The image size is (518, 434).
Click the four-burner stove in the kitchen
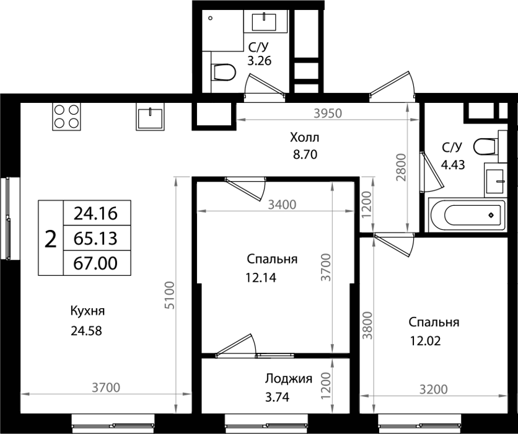(66, 117)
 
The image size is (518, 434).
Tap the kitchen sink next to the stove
(150, 117)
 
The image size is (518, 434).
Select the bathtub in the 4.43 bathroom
(467, 215)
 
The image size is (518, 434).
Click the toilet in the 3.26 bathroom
(223, 72)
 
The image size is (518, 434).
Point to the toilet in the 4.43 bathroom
(486, 146)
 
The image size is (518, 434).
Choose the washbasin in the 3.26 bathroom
(266, 21)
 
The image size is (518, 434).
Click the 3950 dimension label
(328, 113)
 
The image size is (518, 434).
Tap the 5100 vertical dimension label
(170, 295)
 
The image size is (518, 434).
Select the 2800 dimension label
(401, 167)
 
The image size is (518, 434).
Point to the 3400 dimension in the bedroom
(282, 205)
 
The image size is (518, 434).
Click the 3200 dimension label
(434, 389)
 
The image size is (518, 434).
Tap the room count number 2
(51, 239)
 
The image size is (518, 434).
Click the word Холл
(305, 137)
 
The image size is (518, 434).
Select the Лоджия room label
(289, 379)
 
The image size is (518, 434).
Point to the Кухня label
(87, 311)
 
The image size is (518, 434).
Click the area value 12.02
(426, 341)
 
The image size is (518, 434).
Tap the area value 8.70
(305, 154)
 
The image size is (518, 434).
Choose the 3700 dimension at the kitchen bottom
(106, 387)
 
